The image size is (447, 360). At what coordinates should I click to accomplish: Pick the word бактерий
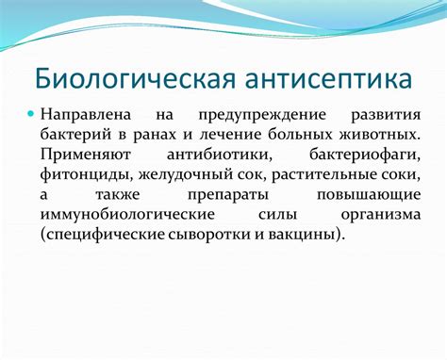[75, 136]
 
